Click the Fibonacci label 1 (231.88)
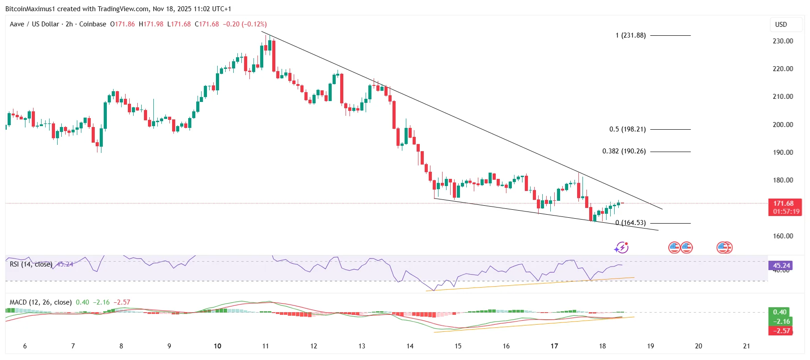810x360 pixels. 630,35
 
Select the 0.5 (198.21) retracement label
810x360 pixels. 627,129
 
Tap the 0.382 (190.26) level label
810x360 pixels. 624,151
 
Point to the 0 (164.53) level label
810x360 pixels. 630,223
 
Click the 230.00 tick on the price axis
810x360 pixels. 783,41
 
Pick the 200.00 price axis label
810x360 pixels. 783,125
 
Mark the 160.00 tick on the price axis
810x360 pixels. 783,236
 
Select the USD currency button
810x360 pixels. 780,25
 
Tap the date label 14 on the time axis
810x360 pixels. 410,346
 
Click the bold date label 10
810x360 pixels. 217,346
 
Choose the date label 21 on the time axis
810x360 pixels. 746,346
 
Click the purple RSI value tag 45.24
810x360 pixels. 781,265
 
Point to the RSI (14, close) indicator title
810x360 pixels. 31,264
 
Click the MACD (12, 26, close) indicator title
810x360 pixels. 40,302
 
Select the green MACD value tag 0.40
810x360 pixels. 780,312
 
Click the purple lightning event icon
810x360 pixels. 621,247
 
